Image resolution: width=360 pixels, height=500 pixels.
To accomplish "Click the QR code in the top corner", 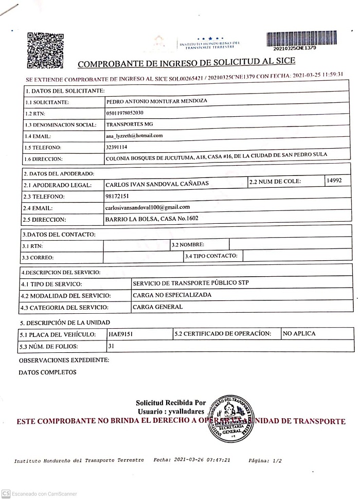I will [45, 50].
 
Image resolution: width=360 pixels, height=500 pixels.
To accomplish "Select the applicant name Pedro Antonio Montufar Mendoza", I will [156, 101].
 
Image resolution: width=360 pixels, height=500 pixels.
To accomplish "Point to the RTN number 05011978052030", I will [124, 113].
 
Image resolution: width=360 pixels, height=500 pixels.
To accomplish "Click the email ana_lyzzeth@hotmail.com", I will [134, 135].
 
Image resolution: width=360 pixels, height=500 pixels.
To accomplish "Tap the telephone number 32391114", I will [116, 147].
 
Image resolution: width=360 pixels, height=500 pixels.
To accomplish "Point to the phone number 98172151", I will [117, 196].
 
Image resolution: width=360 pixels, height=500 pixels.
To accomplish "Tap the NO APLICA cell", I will [300, 333].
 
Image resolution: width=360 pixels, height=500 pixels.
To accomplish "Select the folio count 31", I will [111, 346].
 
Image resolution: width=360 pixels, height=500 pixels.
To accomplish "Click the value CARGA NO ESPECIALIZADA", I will [172, 295].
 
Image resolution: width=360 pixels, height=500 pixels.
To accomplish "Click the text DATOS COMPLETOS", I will [47, 372].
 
